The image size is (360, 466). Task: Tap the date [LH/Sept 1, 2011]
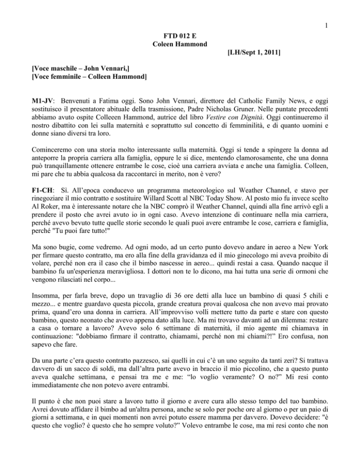[250, 54]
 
